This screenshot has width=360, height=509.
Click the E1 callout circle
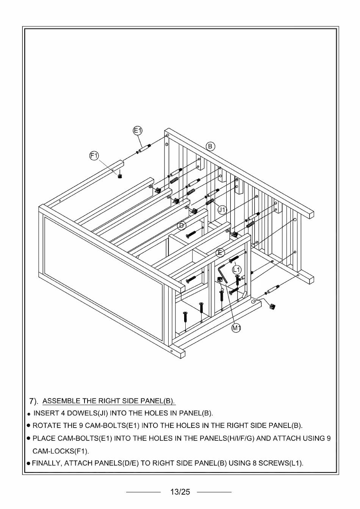tap(138, 131)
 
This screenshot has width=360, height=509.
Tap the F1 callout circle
tap(94, 155)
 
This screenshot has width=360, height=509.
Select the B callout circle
tap(210, 146)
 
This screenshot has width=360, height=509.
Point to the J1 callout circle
tap(222, 209)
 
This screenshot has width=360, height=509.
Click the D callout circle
tap(182, 226)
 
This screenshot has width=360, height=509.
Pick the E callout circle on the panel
tap(220, 253)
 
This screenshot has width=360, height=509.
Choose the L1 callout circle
tap(237, 270)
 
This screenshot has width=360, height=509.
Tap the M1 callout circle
tap(236, 328)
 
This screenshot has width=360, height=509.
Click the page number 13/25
tap(180, 492)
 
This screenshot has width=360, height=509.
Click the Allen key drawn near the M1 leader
tap(222, 273)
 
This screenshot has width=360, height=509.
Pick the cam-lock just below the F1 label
tap(120, 175)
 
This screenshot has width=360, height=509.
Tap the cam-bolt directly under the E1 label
tap(144, 148)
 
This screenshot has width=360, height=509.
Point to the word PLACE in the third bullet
tap(43, 439)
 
